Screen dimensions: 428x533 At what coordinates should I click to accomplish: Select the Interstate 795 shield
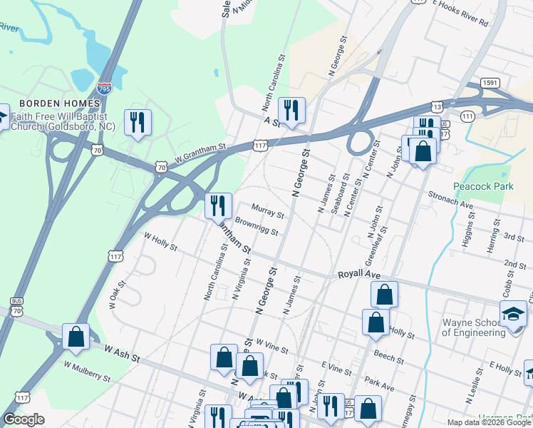pyautogui.click(x=104, y=88)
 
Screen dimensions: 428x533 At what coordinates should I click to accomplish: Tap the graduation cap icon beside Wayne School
pyautogui.click(x=513, y=315)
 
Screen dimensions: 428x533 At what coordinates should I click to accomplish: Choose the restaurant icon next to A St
pyautogui.click(x=291, y=110)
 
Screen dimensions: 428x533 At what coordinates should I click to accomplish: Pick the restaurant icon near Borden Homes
pyautogui.click(x=138, y=122)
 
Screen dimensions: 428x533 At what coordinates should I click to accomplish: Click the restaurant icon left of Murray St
pyautogui.click(x=218, y=205)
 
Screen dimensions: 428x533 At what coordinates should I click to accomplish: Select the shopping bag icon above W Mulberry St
pyautogui.click(x=76, y=337)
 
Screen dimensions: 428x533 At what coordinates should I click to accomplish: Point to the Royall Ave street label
pyautogui.click(x=361, y=274)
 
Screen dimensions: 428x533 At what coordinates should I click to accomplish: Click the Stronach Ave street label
pyautogui.click(x=450, y=199)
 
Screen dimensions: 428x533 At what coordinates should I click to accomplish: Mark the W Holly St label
pyautogui.click(x=160, y=240)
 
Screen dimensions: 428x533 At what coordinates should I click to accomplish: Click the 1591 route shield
pyautogui.click(x=489, y=82)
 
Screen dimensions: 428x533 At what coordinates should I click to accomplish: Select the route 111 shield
pyautogui.click(x=468, y=116)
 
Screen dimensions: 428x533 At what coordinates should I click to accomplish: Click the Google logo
pyautogui.click(x=24, y=419)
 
